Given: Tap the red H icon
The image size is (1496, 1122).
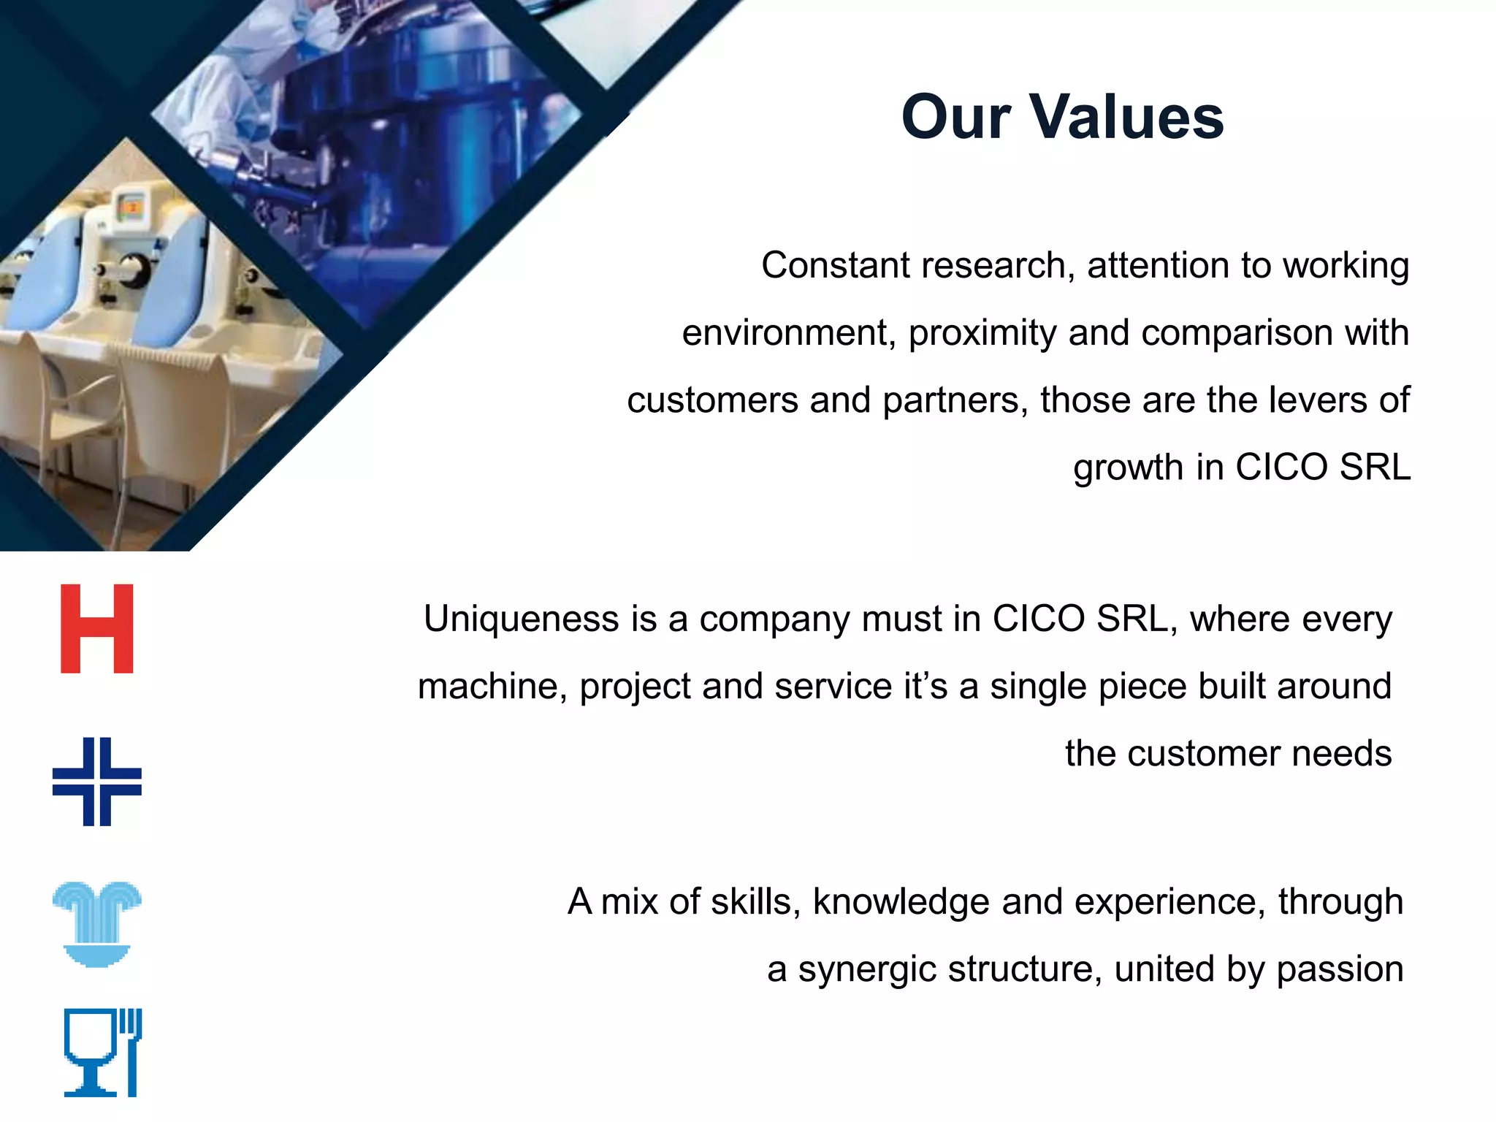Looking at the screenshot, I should point(97,628).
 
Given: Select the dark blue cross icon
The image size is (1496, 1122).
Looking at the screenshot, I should point(97,782).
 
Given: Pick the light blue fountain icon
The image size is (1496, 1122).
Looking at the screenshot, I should point(97,924).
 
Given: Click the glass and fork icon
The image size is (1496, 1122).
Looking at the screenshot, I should point(102,1053).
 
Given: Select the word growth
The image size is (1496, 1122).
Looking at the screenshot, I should point(1128,467).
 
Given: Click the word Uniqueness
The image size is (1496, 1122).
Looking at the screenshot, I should point(521,619).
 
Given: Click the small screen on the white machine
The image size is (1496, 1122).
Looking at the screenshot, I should point(131,207).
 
